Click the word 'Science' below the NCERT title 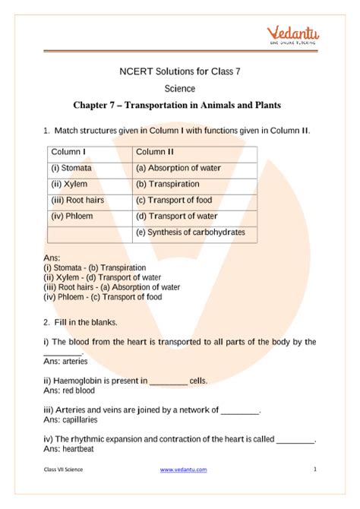(x=180, y=88)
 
